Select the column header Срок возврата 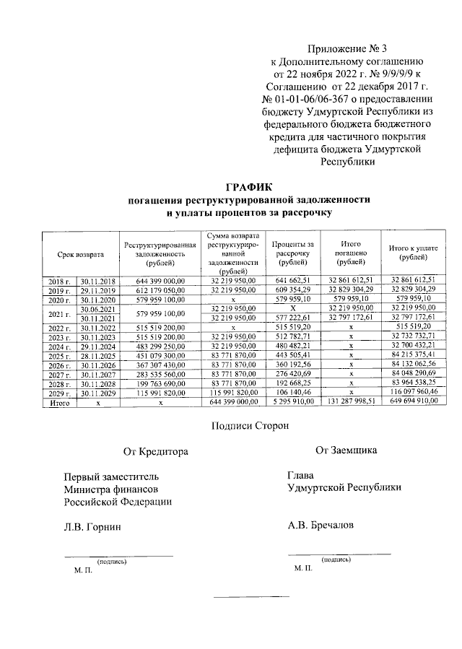tap(81, 254)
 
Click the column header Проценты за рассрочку tap(292, 254)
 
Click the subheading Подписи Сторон tap(250, 426)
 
